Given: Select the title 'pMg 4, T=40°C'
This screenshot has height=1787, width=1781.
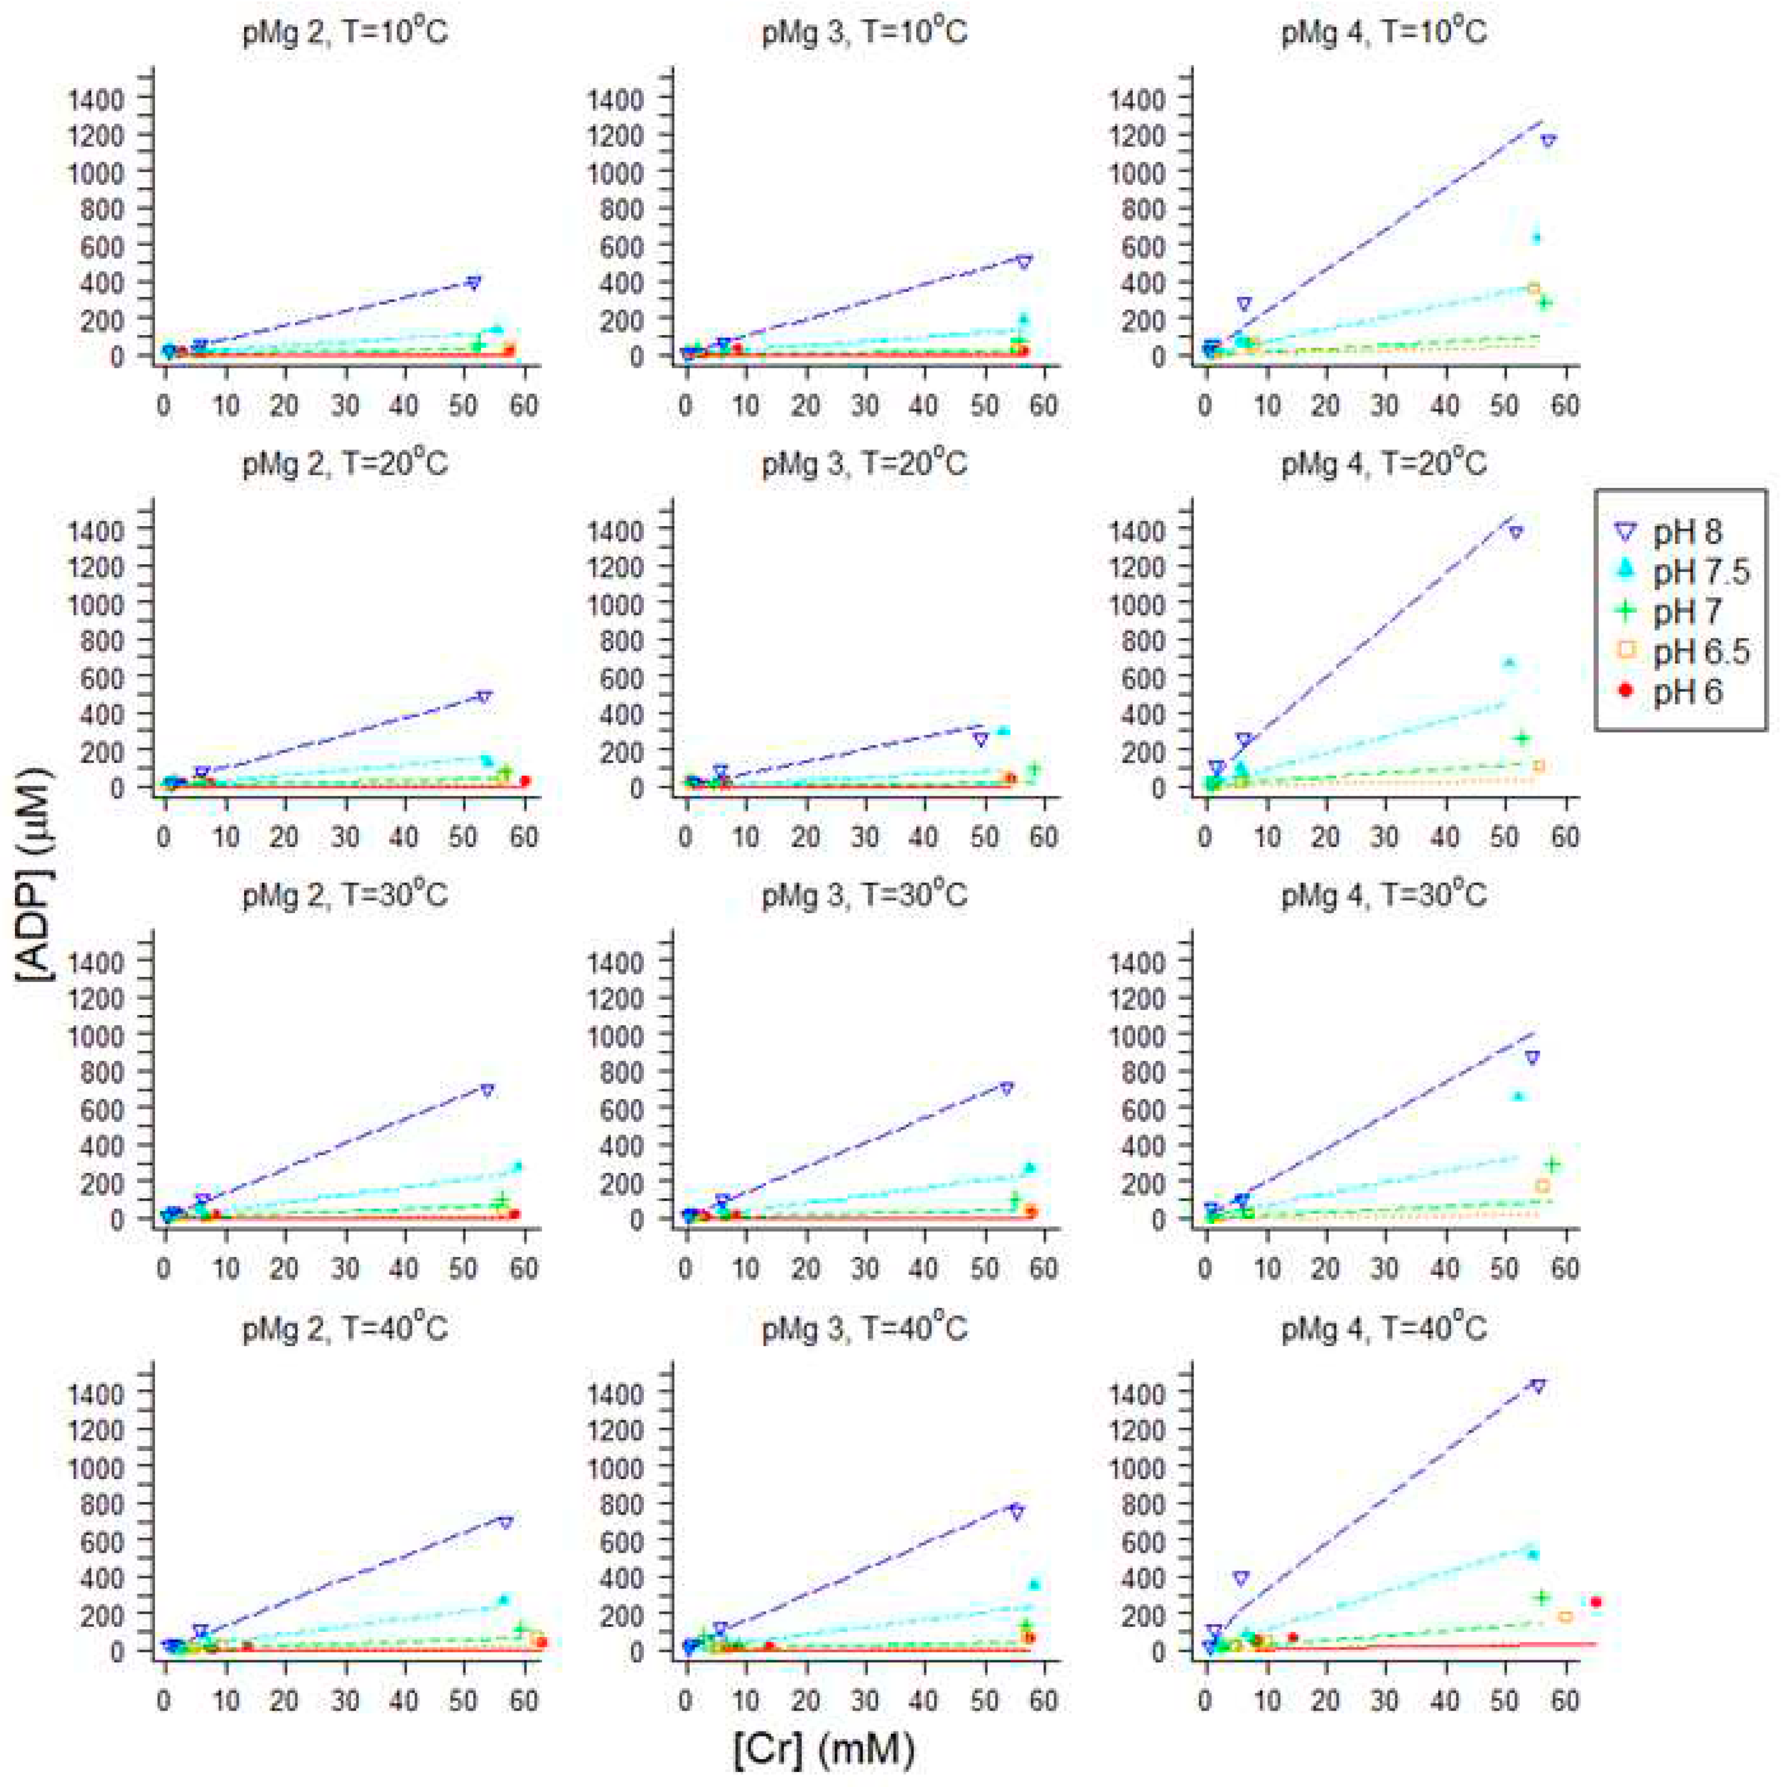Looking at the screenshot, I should click(1383, 1329).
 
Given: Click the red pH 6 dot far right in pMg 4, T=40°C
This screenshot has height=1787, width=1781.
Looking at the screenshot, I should click(1595, 1601).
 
